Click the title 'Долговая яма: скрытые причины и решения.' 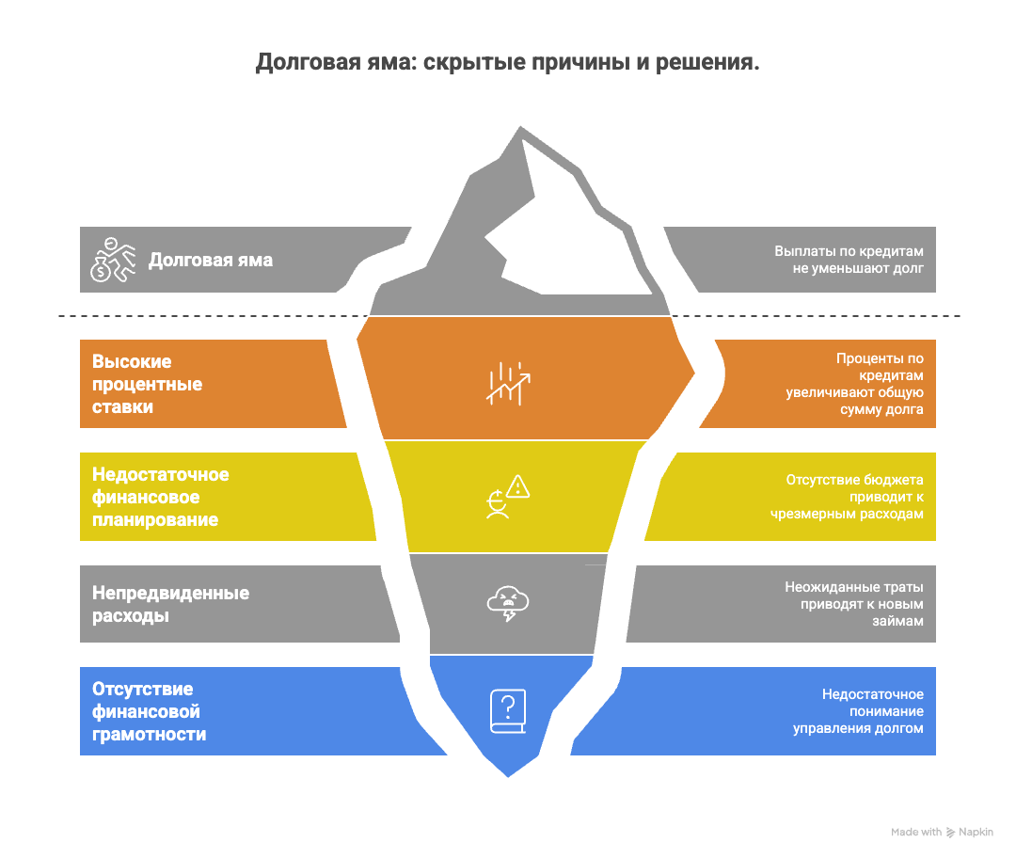[507, 63]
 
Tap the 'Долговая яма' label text [211, 260]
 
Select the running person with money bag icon [113, 259]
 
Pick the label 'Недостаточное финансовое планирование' [160, 497]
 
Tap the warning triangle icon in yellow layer [518, 486]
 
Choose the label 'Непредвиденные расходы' [170, 605]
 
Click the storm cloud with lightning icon [508, 604]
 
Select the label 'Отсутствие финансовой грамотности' [149, 711]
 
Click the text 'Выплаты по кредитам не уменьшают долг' [849, 260]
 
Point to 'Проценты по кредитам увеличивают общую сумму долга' [854, 384]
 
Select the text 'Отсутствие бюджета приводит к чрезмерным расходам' [854, 497]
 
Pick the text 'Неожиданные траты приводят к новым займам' [854, 604]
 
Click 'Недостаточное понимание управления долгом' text [858, 711]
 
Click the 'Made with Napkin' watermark [942, 832]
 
